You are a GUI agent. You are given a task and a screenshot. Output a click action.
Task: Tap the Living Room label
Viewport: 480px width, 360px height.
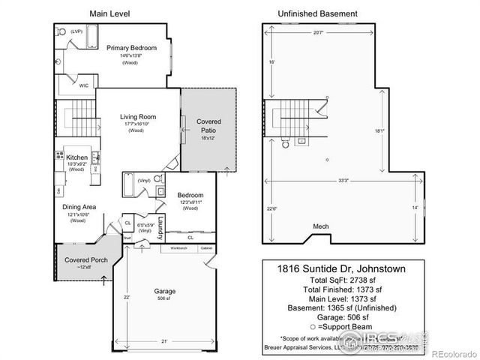[x=138, y=116]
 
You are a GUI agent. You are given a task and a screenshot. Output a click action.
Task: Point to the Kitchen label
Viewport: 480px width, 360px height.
[x=77, y=157]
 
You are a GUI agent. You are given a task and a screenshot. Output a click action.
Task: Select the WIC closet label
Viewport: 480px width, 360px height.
[x=85, y=86]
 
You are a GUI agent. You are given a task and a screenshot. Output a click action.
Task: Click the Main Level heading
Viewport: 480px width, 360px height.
[x=107, y=13]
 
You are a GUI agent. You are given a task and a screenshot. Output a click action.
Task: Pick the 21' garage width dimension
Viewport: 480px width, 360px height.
[x=163, y=342]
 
